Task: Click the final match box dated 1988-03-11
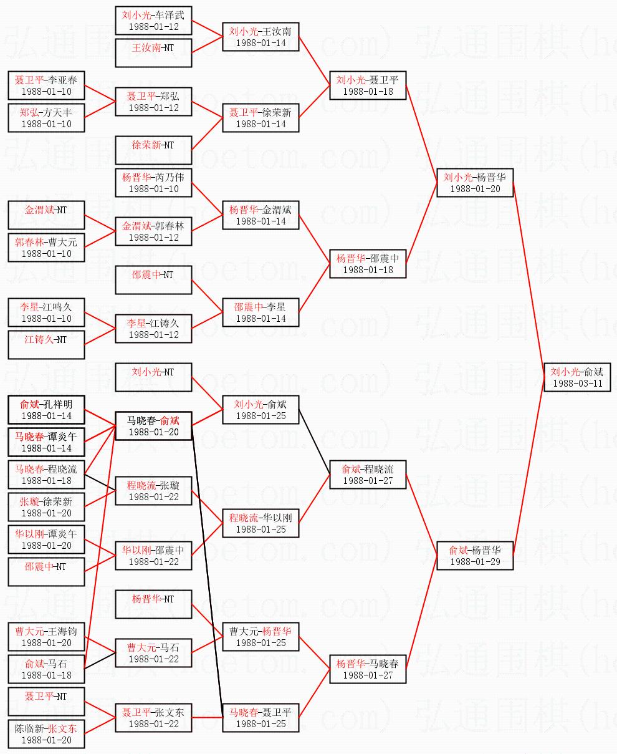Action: point(577,377)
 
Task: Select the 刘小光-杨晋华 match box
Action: point(475,182)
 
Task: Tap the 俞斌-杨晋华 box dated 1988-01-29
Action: point(475,555)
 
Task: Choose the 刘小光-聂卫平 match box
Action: point(368,85)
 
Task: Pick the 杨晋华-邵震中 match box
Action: point(368,263)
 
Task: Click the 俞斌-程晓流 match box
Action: point(368,474)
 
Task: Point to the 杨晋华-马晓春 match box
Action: point(368,668)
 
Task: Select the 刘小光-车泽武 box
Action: point(153,20)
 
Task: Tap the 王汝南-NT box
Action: point(153,52)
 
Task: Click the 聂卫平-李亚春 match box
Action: point(46,85)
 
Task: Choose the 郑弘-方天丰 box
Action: point(46,117)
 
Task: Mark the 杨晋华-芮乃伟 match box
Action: point(153,182)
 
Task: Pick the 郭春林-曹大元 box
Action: point(46,247)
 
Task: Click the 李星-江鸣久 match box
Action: point(46,312)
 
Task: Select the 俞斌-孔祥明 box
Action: point(46,409)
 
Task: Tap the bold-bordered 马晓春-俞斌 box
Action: point(153,425)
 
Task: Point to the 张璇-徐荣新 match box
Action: point(46,506)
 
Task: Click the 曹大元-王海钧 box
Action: point(46,636)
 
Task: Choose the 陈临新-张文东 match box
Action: point(46,733)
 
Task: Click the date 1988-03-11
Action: point(577,384)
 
